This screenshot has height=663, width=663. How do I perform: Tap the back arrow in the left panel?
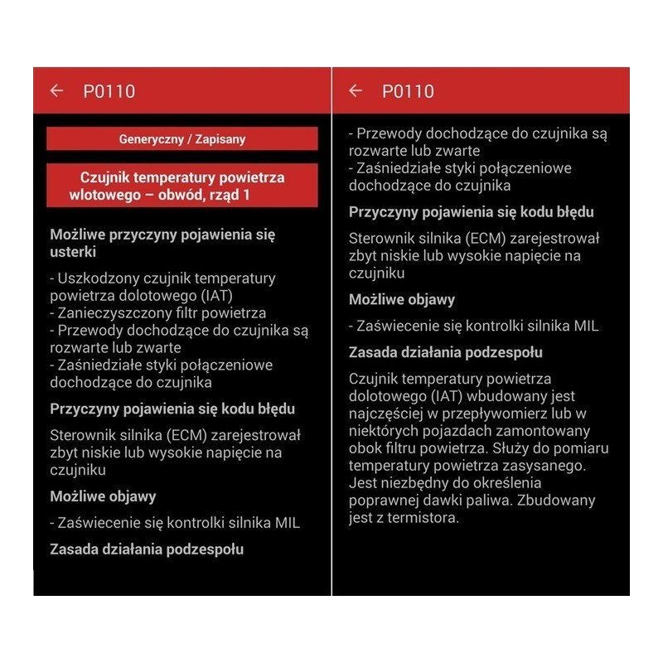point(56,91)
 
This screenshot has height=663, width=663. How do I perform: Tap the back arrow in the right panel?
point(356,91)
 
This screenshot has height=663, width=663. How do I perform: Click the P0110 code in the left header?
point(109,91)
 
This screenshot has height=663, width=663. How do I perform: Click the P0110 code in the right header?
point(408,91)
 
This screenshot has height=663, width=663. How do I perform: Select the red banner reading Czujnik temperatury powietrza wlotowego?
point(182,186)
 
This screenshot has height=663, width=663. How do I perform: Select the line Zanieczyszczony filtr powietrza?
point(157,313)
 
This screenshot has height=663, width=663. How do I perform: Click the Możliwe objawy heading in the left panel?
point(103,496)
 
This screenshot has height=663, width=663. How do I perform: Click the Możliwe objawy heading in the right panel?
point(402,299)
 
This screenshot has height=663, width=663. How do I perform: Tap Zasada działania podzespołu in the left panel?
point(147,549)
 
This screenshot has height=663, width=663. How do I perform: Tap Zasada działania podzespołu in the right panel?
point(446,352)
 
